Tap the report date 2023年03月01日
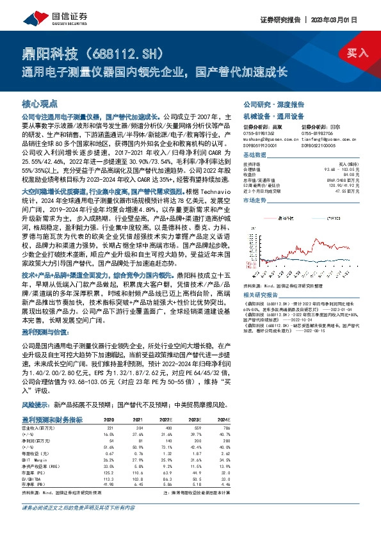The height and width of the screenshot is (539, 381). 344,19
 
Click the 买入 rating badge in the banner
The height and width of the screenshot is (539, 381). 357,52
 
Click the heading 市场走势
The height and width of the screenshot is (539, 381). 254,201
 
